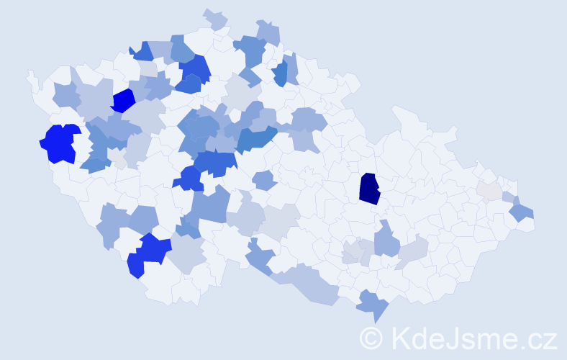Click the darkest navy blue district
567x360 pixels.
pyautogui.click(x=369, y=189)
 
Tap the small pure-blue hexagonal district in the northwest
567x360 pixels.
pyautogui.click(x=123, y=100)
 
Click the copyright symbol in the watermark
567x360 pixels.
pyautogui.click(x=371, y=338)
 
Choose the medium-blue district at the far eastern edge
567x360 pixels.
pyautogui.click(x=522, y=212)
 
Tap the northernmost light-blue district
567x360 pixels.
pyautogui.click(x=214, y=19)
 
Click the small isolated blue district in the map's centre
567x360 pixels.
pyautogui.click(x=265, y=180)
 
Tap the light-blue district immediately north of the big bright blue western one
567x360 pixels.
pyautogui.click(x=67, y=95)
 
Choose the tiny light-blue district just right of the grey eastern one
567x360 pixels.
pyautogui.click(x=509, y=197)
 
